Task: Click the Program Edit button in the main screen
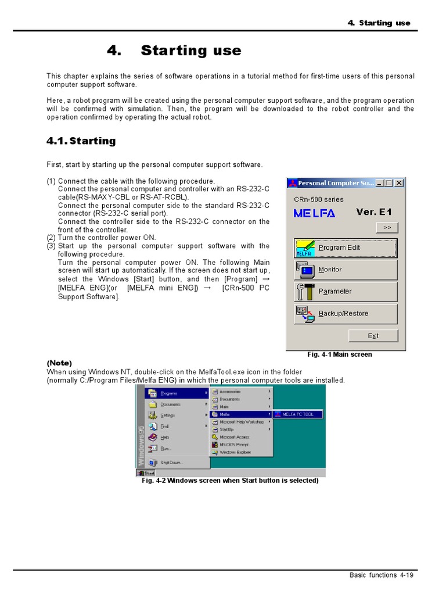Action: click(x=346, y=248)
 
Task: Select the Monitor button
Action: click(x=346, y=270)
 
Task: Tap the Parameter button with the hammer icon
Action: click(x=346, y=292)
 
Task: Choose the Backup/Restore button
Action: click(x=346, y=314)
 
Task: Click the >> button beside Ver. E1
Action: click(x=386, y=228)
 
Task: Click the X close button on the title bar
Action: click(x=399, y=183)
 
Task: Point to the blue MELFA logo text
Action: click(x=314, y=213)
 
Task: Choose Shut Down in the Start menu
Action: click(x=171, y=463)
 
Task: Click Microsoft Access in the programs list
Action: click(x=234, y=437)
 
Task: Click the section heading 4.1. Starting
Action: click(x=81, y=141)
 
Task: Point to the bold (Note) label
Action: click(x=59, y=363)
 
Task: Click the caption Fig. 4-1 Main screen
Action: click(x=339, y=354)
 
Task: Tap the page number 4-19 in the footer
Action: click(x=406, y=575)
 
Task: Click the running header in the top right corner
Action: click(x=379, y=23)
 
